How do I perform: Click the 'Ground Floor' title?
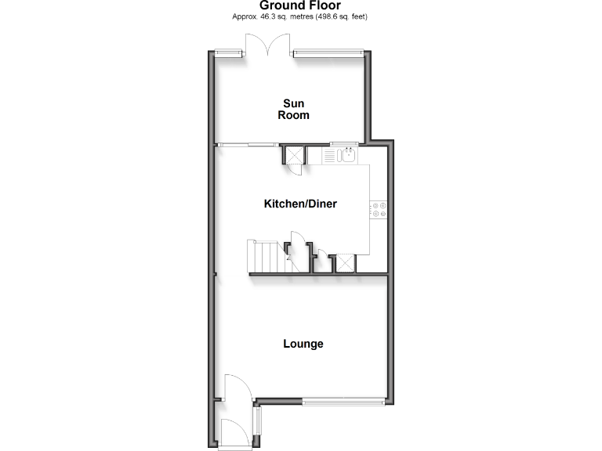pyautogui.click(x=300, y=5)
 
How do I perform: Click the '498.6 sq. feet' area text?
pyautogui.click(x=341, y=16)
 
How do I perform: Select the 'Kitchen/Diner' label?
pyautogui.click(x=300, y=204)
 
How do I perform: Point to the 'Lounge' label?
pyautogui.click(x=303, y=344)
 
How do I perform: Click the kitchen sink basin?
pyautogui.click(x=347, y=156)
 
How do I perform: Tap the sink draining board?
pyautogui.click(x=329, y=156)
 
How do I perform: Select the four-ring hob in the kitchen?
pyautogui.click(x=378, y=207)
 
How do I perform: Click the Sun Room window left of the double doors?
pyautogui.click(x=230, y=53)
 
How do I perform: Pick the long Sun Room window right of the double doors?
pyautogui.click(x=328, y=53)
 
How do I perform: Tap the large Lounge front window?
pyautogui.click(x=343, y=402)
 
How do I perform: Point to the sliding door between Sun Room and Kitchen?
pyautogui.click(x=247, y=144)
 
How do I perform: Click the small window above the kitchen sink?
pyautogui.click(x=343, y=144)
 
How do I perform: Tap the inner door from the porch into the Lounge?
pyautogui.click(x=235, y=389)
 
